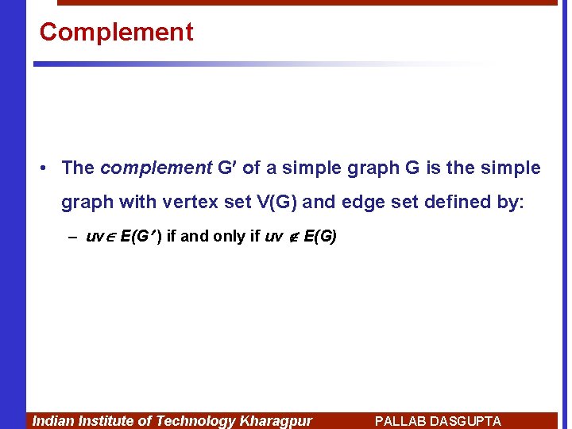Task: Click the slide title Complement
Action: (116, 32)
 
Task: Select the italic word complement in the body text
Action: (156, 168)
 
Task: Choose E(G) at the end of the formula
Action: (320, 237)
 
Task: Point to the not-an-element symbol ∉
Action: (293, 237)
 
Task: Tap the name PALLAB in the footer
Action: (400, 421)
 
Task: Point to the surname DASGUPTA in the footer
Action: (465, 421)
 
